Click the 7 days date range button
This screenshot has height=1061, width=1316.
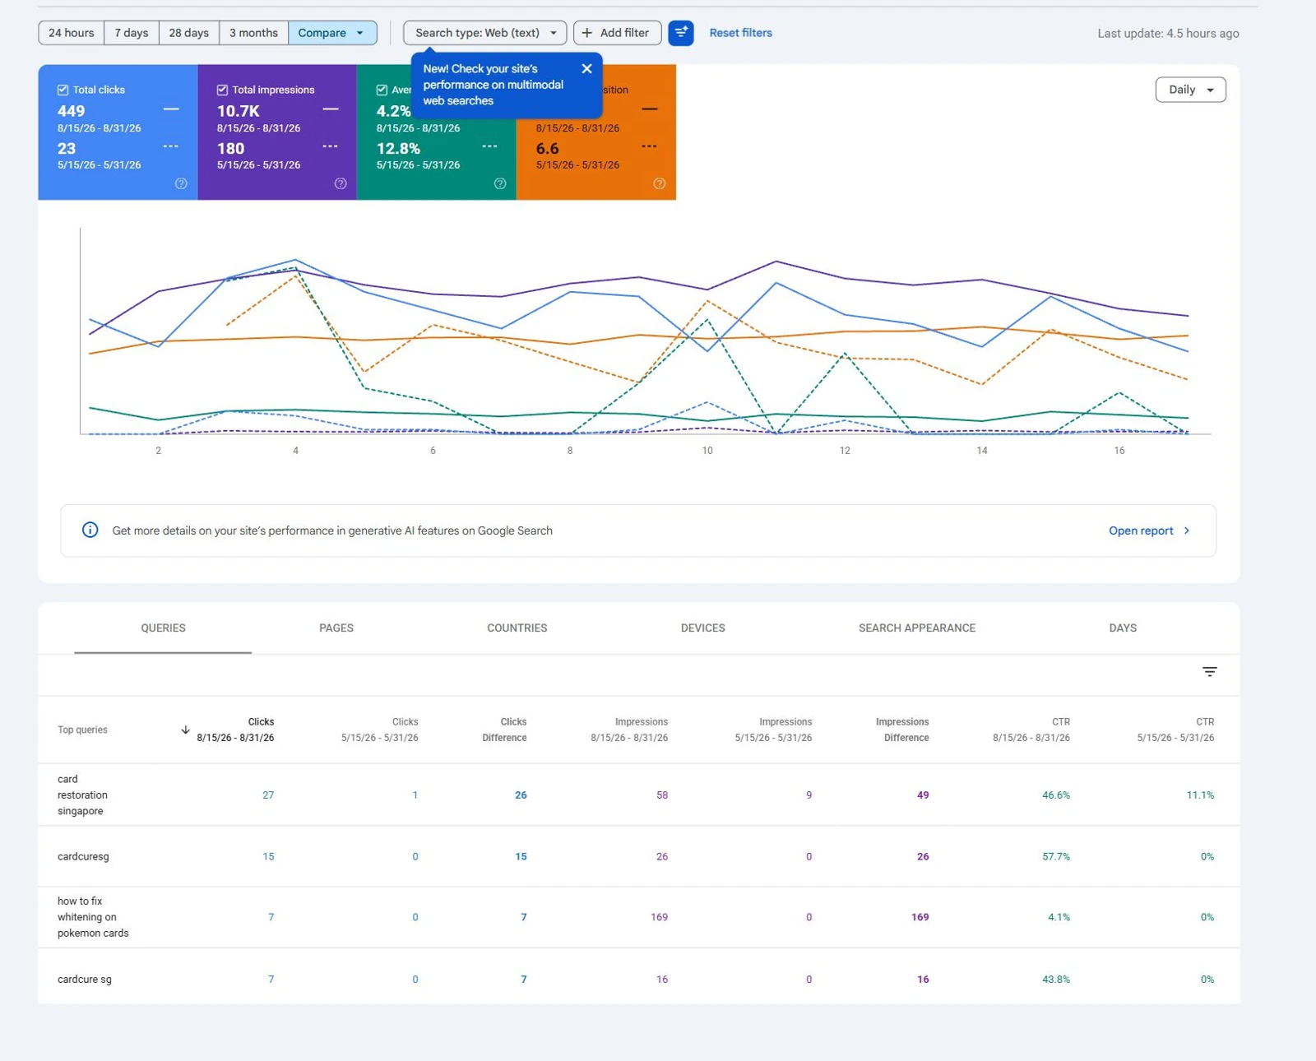click(x=132, y=33)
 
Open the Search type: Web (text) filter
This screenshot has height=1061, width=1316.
click(x=485, y=33)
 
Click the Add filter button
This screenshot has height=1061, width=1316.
click(x=617, y=33)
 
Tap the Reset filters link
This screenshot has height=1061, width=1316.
click(x=740, y=33)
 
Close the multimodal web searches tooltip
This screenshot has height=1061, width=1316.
click(x=586, y=68)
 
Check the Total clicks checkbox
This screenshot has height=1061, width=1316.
click(x=63, y=90)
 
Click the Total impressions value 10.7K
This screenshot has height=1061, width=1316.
click(x=239, y=111)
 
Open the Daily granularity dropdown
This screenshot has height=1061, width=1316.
click(x=1190, y=90)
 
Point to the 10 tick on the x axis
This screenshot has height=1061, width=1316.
click(x=707, y=451)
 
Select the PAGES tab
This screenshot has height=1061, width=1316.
click(x=336, y=628)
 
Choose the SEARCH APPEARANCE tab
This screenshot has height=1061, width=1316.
click(x=916, y=628)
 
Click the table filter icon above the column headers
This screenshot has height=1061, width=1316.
click(x=1209, y=671)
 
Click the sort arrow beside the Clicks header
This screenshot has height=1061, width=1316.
click(x=185, y=730)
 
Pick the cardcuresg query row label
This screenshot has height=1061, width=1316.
click(x=83, y=856)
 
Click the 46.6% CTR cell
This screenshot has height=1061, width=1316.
click(x=1056, y=795)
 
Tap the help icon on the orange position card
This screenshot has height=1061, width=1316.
click(x=659, y=183)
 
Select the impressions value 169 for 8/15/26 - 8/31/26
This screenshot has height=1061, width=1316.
click(x=659, y=917)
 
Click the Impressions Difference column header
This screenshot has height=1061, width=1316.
click(x=902, y=730)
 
